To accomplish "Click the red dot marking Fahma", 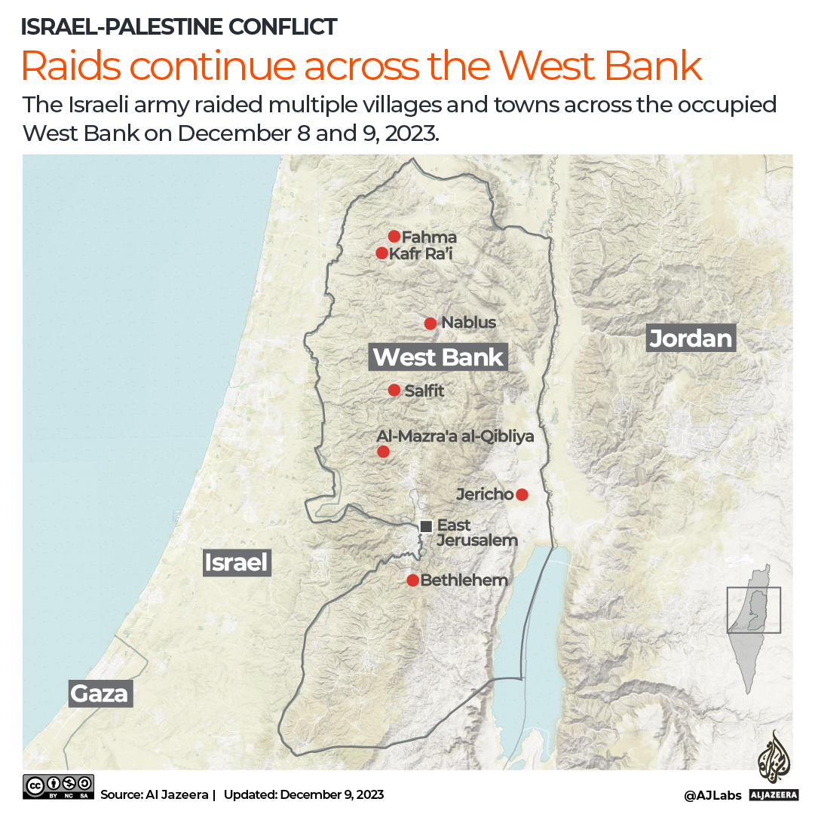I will pyautogui.click(x=394, y=237).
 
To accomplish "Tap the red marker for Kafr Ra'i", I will pyautogui.click(x=381, y=253).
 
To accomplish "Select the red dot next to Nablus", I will pyautogui.click(x=430, y=323).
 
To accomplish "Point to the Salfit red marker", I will pyautogui.click(x=394, y=390).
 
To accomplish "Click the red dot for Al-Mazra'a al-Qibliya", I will pyautogui.click(x=383, y=451).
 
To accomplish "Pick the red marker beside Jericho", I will pyautogui.click(x=521, y=494).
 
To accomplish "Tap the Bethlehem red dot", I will pyautogui.click(x=412, y=580).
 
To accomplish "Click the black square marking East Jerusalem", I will pyautogui.click(x=426, y=526).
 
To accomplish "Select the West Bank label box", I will pyautogui.click(x=438, y=357).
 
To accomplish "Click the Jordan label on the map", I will pyautogui.click(x=691, y=338).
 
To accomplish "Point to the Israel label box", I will pyautogui.click(x=237, y=562).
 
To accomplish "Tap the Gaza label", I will pyautogui.click(x=100, y=693).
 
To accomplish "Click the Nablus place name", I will pyautogui.click(x=468, y=323).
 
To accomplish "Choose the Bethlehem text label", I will pyautogui.click(x=464, y=580).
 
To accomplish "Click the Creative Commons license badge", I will pyautogui.click(x=59, y=786).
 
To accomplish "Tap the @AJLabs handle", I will pyautogui.click(x=712, y=795).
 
